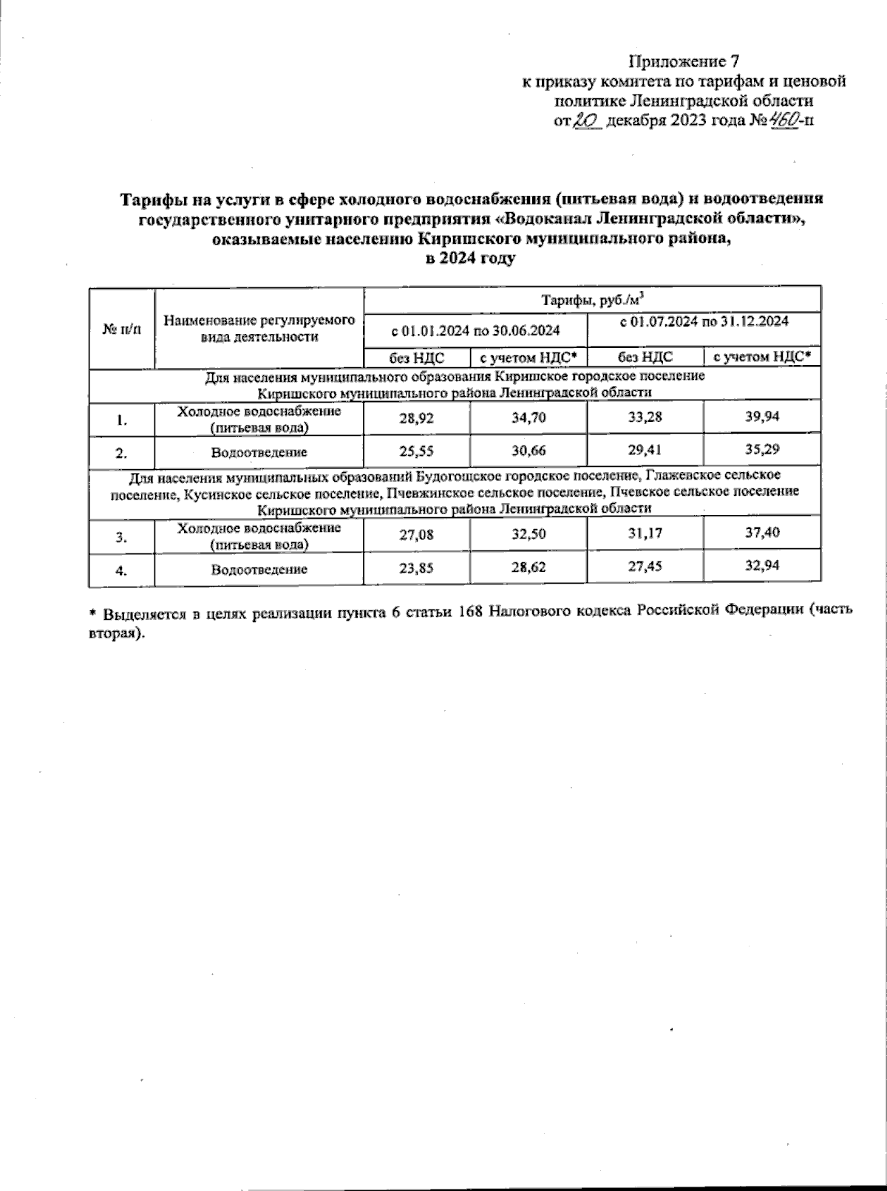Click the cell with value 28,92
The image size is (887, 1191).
click(417, 418)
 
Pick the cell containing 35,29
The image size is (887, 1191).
click(762, 448)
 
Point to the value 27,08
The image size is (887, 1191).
click(417, 534)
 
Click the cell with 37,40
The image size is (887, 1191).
click(762, 533)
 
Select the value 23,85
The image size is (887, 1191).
click(417, 568)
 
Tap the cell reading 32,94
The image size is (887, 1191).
click(762, 567)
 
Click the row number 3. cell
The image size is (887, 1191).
click(121, 537)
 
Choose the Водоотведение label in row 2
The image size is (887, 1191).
click(259, 452)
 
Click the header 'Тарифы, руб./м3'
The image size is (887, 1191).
click(592, 299)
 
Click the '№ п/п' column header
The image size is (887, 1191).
click(121, 327)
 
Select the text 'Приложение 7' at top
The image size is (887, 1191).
click(684, 61)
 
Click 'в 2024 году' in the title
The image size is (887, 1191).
click(470, 259)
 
